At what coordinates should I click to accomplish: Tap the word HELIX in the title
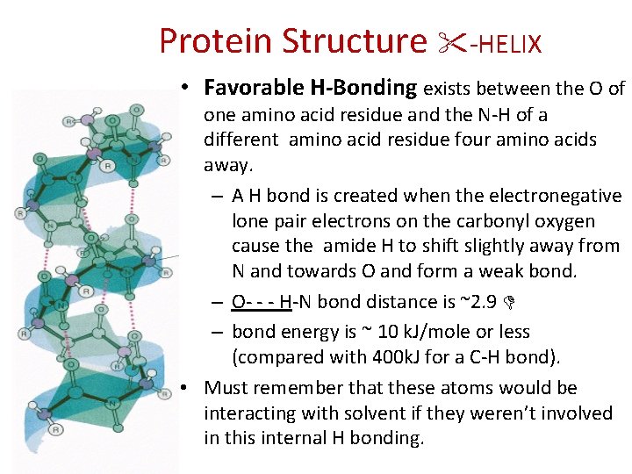tap(511, 42)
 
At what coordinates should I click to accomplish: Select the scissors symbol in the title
tap(456, 41)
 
